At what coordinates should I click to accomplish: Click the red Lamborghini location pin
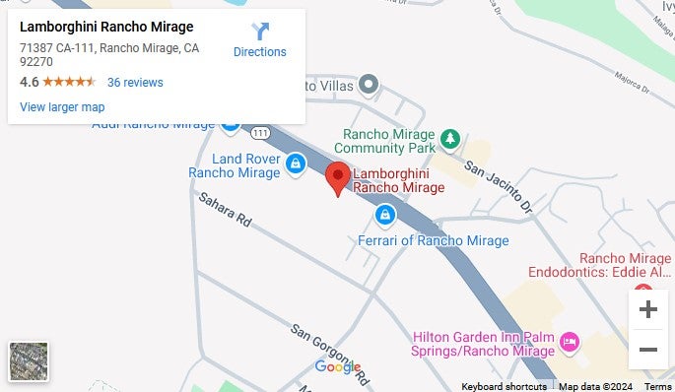pos(339,177)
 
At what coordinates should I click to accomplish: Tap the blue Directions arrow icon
pos(260,32)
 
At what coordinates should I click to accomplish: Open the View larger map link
pos(62,106)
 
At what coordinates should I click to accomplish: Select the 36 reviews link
pos(135,82)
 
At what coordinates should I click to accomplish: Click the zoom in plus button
pos(647,309)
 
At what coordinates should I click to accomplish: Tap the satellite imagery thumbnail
pos(29,361)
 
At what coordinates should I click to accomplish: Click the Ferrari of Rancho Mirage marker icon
pos(385,214)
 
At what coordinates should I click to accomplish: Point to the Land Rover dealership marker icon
pos(295,163)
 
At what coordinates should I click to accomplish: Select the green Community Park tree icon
pos(449,138)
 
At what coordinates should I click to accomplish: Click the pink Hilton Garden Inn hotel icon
pos(569,342)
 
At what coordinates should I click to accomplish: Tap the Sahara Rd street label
pos(225,211)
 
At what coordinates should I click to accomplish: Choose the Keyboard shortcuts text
pos(504,386)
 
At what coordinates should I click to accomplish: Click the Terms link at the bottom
pos(657,386)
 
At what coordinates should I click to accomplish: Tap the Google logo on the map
pos(338,367)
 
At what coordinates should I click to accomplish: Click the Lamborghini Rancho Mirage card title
pos(106,27)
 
